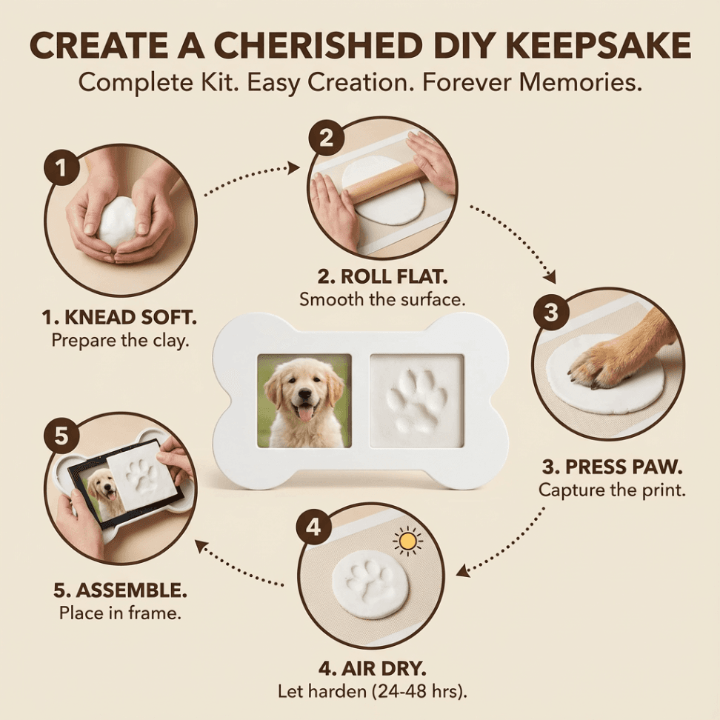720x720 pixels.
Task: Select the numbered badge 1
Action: [62, 169]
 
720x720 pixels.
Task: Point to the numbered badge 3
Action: [550, 312]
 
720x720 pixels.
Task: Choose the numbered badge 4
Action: [314, 527]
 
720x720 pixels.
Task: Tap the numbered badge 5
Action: [62, 437]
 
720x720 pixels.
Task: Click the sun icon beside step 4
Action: [407, 541]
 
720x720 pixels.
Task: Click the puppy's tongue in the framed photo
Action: [304, 413]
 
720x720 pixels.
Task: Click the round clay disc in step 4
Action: [370, 584]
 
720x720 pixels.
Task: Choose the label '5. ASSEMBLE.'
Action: [120, 590]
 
